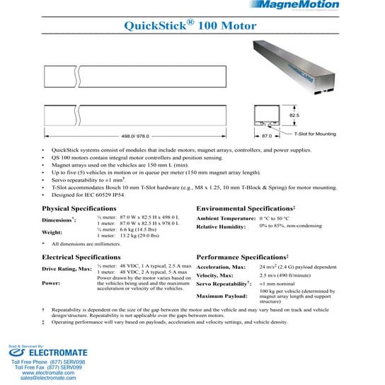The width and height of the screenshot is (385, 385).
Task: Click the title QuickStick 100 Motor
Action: point(190,26)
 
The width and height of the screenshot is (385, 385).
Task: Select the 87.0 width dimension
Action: point(267,134)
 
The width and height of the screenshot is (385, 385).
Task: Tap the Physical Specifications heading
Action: point(79,209)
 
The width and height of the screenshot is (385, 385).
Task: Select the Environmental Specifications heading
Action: point(246,209)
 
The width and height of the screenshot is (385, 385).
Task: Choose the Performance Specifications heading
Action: point(242,257)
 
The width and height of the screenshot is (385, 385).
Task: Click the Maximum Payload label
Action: point(221,295)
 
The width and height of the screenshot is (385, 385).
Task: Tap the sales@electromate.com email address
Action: point(48,379)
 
